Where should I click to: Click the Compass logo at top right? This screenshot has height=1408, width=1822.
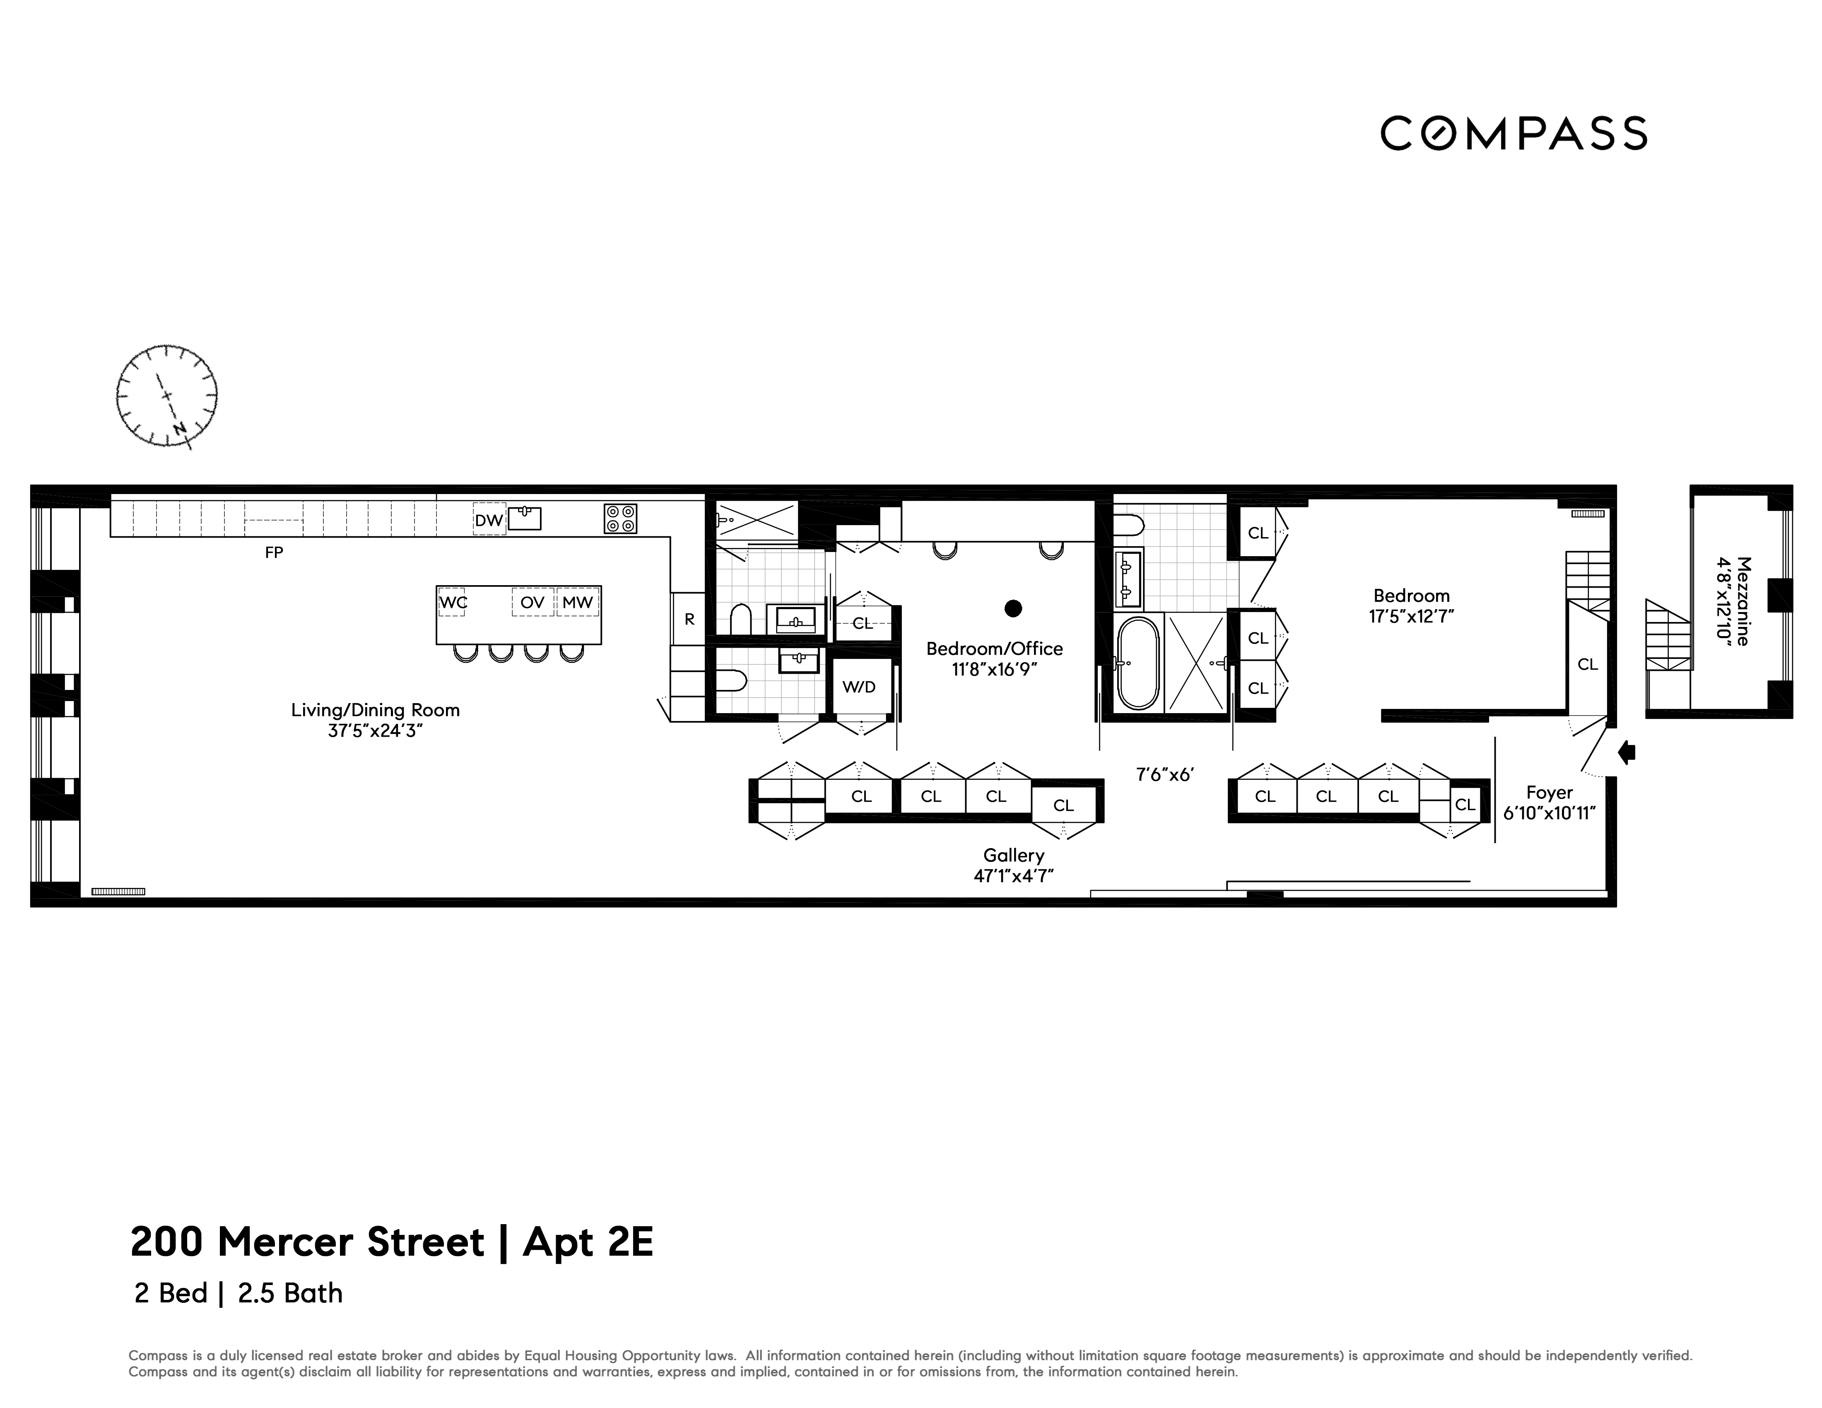point(1514,133)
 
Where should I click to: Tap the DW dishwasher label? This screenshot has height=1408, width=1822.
point(489,520)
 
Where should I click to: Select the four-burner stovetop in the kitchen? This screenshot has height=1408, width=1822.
point(620,518)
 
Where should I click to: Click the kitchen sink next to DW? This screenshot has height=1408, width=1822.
point(525,518)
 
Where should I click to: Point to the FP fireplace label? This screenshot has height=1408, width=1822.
point(274,552)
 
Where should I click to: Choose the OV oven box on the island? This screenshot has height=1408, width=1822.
point(532,601)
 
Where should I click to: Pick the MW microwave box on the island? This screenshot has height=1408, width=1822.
point(577,601)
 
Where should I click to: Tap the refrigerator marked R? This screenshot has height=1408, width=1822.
point(689,619)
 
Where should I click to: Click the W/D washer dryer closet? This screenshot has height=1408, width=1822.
point(859,687)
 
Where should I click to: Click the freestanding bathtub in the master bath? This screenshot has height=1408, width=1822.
point(1138,663)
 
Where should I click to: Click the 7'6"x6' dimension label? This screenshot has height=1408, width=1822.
point(1164,774)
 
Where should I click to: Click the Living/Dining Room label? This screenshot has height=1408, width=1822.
point(376,710)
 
